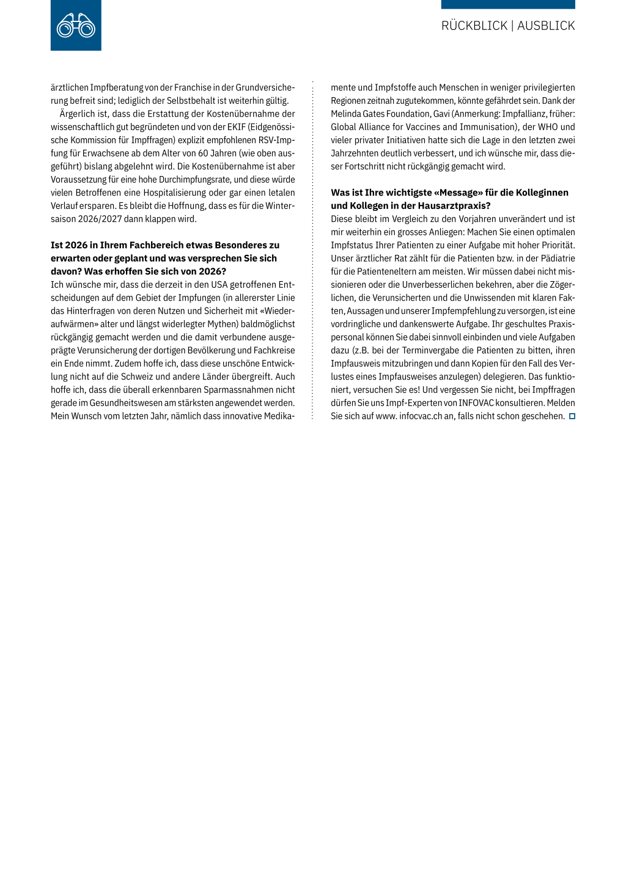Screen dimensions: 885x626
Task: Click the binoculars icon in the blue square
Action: coord(76,26)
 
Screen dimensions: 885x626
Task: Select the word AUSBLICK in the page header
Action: coord(546,26)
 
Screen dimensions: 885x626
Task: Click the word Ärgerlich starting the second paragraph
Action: coord(78,114)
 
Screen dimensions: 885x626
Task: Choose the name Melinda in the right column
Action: coord(347,114)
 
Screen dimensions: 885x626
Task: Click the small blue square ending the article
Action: coord(572,416)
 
